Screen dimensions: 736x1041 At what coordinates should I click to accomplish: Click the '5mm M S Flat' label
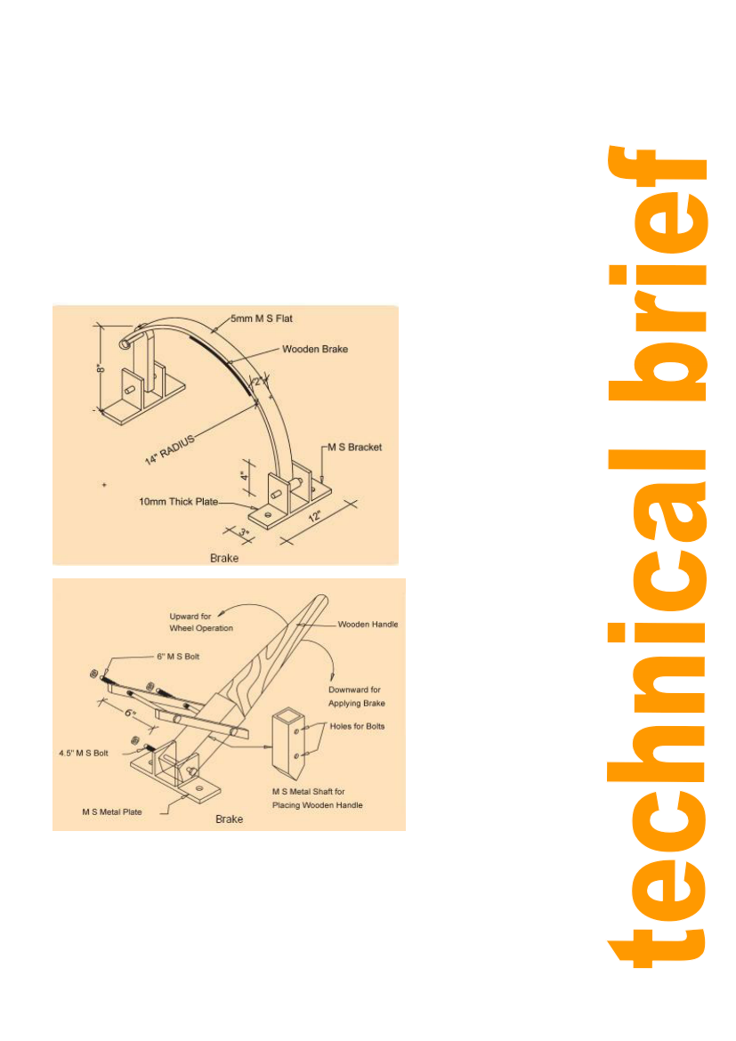pos(262,319)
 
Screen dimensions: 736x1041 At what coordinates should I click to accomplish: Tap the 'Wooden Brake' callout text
pos(315,349)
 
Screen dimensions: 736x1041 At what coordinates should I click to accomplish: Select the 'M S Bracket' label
pos(355,448)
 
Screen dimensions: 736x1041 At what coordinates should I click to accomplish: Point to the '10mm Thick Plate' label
pos(178,502)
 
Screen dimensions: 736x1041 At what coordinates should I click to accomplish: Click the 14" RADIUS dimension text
pos(170,450)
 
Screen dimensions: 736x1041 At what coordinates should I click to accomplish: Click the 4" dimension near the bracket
pos(245,476)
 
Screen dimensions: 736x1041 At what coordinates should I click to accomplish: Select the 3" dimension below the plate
pos(245,533)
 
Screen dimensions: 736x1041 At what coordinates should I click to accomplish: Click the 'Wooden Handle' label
pos(368,624)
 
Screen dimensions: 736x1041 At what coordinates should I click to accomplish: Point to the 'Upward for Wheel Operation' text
pos(201,622)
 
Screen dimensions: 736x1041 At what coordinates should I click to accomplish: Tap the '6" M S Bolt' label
pos(178,657)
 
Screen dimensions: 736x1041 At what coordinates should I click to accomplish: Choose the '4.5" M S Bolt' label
pos(84,754)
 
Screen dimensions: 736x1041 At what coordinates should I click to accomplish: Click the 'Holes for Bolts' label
pos(358,726)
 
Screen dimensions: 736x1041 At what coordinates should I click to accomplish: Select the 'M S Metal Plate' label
pos(112,812)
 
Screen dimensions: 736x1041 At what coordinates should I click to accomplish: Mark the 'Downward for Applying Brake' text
pos(357,697)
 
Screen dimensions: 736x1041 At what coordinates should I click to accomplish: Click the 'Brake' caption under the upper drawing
pos(224,559)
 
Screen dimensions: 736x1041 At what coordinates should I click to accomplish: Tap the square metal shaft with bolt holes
pos(289,744)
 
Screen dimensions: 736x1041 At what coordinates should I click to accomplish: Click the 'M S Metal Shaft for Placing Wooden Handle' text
pos(318,799)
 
